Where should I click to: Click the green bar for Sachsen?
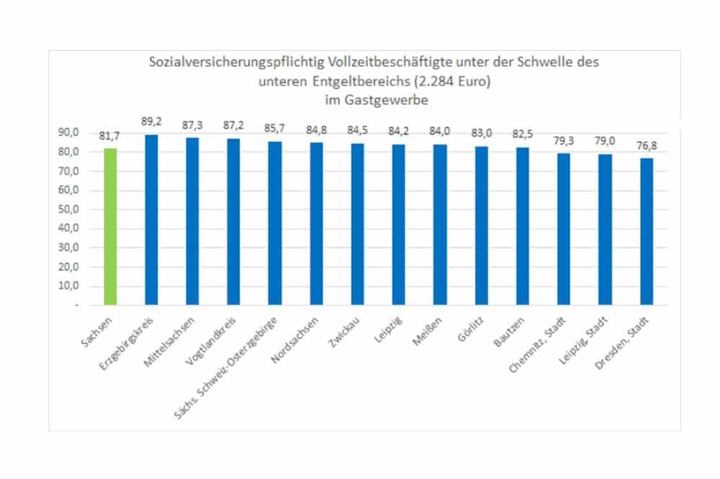[x=110, y=227]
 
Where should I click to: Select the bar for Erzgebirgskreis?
[x=151, y=219]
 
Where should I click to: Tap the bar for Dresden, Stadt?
[x=647, y=232]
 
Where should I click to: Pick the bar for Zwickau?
[x=358, y=224]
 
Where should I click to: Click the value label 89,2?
[x=151, y=122]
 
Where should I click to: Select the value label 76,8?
[x=647, y=146]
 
